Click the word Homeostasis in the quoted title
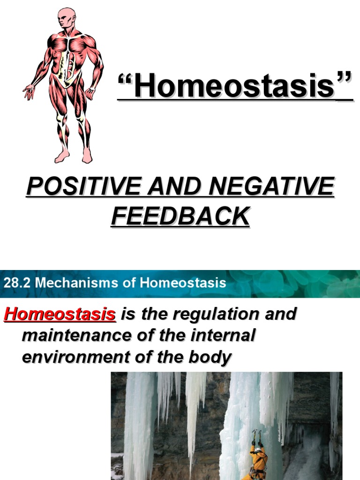point(234,87)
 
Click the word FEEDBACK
point(180,216)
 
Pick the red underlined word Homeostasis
point(60,314)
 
